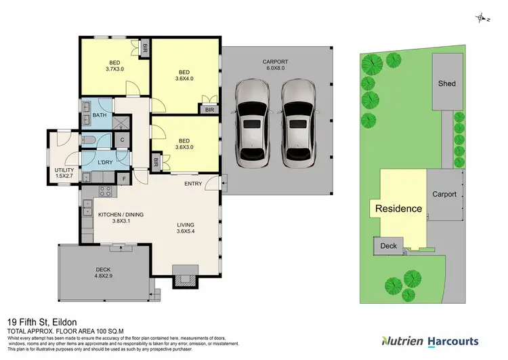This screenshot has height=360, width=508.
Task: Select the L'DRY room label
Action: point(105,163)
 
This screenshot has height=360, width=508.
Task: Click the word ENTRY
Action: point(193,184)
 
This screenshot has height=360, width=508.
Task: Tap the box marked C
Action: point(122,140)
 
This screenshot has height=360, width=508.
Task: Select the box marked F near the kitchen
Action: point(124,179)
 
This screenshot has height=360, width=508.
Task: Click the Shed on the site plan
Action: point(446,83)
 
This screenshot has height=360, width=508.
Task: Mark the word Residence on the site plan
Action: point(399,209)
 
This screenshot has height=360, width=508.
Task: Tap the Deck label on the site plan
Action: point(388,246)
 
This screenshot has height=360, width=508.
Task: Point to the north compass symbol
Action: point(482,18)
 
